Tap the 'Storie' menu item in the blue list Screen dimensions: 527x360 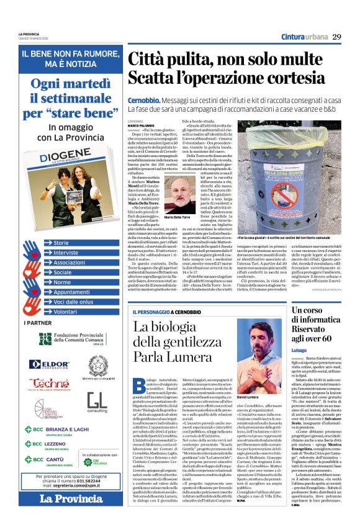61,243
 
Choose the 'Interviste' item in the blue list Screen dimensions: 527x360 66,253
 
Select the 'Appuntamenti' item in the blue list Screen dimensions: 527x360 71,292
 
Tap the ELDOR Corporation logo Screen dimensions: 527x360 48,364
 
